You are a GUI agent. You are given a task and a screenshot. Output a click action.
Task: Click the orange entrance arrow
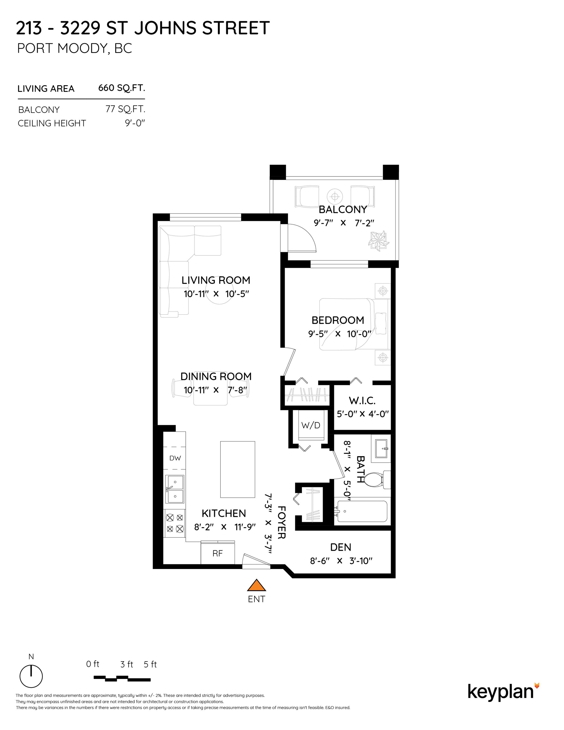coord(256,585)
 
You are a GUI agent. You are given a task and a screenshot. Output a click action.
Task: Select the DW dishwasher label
coord(175,458)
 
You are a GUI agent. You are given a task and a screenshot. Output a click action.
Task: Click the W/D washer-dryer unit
coord(311,426)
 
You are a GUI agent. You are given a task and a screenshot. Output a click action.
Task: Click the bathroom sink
coord(381,448)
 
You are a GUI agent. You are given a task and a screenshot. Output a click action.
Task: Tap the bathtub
coord(362,511)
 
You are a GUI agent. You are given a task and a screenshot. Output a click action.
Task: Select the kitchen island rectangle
coord(237,469)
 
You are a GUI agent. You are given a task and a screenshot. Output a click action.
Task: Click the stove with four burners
coord(175,523)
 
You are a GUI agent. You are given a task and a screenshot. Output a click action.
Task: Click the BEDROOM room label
coord(338,320)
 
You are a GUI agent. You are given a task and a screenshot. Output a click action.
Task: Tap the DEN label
coord(341,547)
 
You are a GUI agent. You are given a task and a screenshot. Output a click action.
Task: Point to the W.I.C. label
coord(362,400)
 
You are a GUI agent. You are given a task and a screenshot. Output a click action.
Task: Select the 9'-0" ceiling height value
coord(135,123)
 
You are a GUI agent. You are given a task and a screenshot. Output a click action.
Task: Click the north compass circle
coord(31,676)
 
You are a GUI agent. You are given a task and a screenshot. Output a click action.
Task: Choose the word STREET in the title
coord(236,28)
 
